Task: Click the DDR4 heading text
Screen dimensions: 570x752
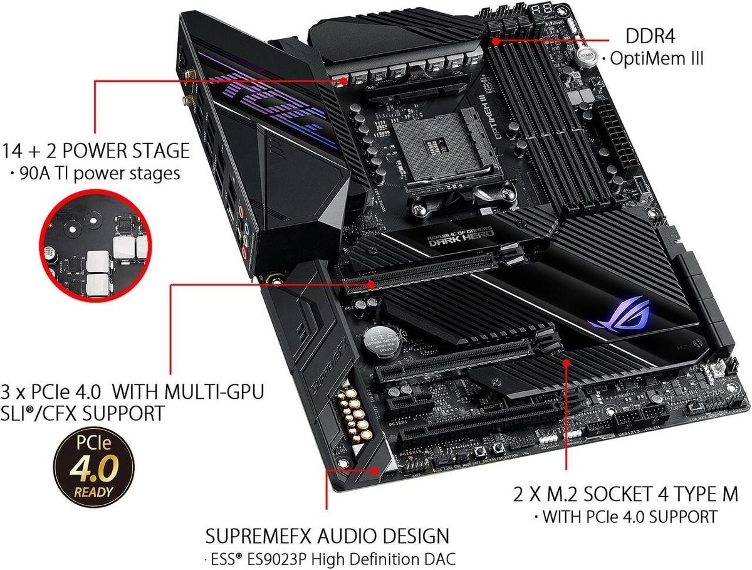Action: pyautogui.click(x=654, y=35)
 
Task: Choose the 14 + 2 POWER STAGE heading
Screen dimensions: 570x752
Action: pyautogui.click(x=95, y=150)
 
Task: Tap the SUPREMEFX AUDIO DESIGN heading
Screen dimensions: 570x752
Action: pyautogui.click(x=327, y=536)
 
